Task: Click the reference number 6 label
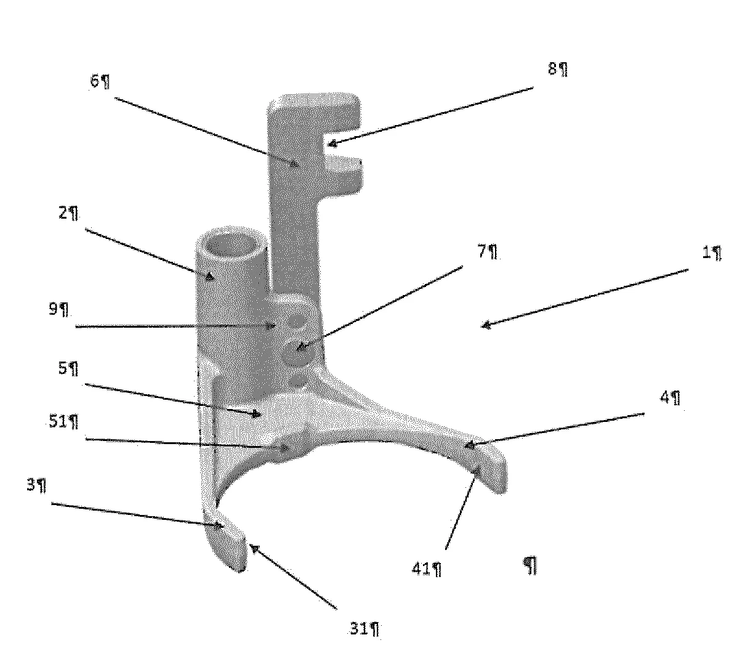pos(95,81)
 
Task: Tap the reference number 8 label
pos(553,69)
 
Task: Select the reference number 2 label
pos(63,213)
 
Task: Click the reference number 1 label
pos(707,253)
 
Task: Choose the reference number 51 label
pos(58,421)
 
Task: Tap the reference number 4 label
pos(665,397)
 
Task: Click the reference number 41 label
pos(421,569)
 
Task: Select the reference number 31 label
pos(359,629)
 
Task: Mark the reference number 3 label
pos(31,485)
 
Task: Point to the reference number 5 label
pos(63,368)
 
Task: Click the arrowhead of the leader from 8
pos(332,144)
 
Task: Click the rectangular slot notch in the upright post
pos(342,144)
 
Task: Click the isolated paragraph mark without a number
pos(530,565)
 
